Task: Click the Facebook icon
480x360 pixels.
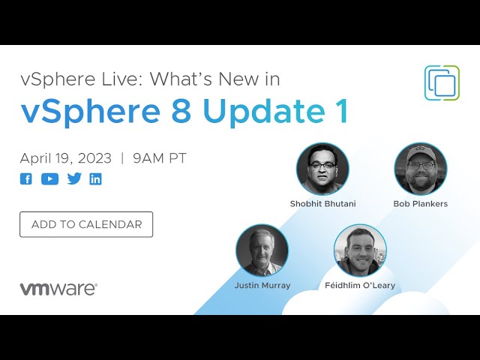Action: pos(26,179)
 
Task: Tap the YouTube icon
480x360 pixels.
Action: pos(50,179)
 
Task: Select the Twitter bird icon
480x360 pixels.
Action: pos(74,178)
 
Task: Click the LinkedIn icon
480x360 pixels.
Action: pos(95,179)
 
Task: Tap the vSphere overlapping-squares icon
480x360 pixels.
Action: pos(442,82)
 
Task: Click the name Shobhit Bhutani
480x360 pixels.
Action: pos(323,204)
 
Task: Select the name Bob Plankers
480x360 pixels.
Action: pos(420,204)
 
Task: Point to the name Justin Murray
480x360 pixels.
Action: pos(262,286)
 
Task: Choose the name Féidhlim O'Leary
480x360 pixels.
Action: pos(360,286)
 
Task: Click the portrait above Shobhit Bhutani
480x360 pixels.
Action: pos(322,169)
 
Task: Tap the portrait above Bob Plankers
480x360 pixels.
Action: pos(421,169)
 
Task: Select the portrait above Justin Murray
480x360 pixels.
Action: pos(262,250)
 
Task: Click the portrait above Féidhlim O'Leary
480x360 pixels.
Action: pos(360,250)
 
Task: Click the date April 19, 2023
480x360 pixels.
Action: pos(66,158)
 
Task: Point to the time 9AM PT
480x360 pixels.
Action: pos(160,158)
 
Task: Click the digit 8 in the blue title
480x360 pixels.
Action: pos(181,110)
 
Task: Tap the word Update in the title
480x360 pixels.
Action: pos(264,112)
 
